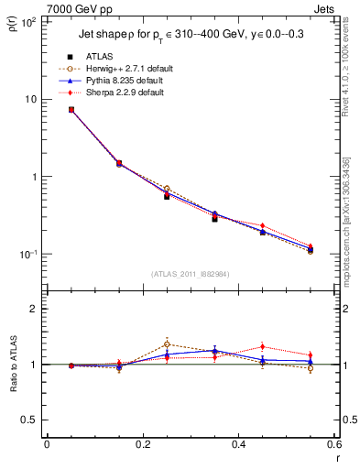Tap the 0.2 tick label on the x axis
(x=142, y=444)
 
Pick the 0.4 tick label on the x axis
(x=238, y=444)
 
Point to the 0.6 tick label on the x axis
(x=333, y=444)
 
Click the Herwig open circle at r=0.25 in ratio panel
(x=167, y=344)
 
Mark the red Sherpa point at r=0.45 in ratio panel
(x=262, y=346)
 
